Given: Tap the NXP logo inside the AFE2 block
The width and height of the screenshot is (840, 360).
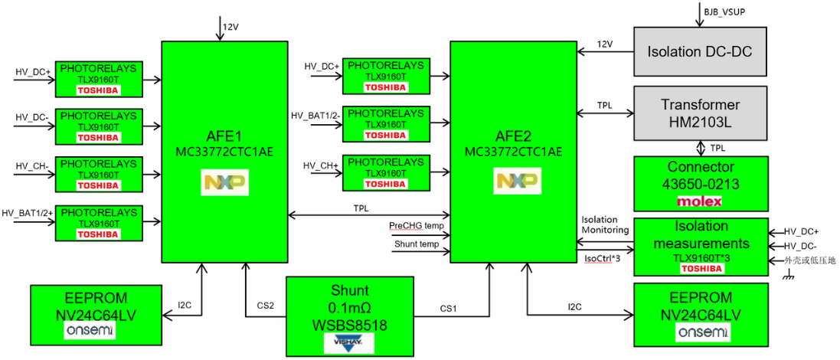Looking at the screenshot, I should click(513, 182).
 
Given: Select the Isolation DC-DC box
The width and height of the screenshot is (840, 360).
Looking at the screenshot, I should click(700, 51).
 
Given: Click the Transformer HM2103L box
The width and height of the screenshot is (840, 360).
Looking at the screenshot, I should click(700, 113).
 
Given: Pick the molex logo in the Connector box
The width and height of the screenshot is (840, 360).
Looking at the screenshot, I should click(700, 201).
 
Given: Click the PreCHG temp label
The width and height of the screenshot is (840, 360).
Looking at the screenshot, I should click(416, 226).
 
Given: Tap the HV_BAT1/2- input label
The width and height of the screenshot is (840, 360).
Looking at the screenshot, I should click(314, 115).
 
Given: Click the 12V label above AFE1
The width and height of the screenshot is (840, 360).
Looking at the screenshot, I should click(230, 27).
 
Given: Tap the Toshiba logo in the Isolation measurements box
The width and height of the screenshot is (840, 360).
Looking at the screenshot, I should click(700, 268).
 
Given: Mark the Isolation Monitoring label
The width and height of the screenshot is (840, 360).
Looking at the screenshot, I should click(605, 224).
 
